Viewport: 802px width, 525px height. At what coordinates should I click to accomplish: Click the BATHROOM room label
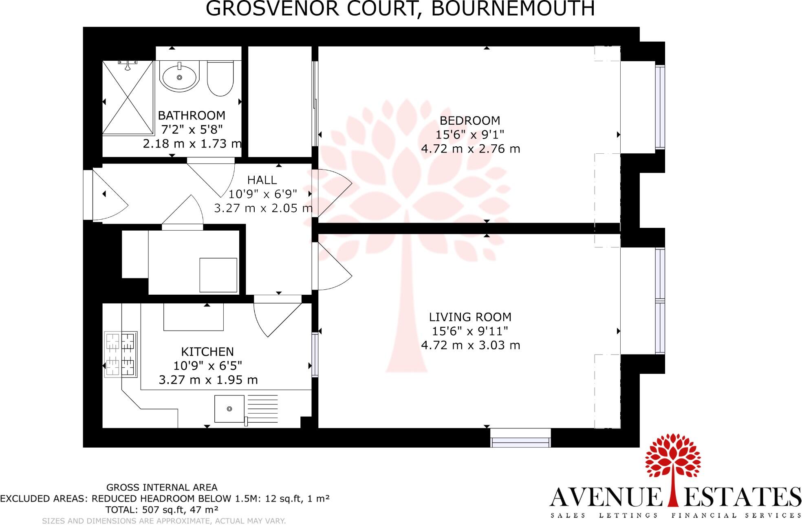192,115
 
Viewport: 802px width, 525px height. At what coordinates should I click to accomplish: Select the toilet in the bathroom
220,79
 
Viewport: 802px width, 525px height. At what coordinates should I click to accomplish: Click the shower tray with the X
128,97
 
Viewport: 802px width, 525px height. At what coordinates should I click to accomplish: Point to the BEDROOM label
470,121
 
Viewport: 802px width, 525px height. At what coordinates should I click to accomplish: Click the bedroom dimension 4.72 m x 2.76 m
470,149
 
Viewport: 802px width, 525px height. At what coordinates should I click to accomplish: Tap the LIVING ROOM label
470,317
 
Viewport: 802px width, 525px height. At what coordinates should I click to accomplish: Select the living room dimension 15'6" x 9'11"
470,331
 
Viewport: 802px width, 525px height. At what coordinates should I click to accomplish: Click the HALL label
262,180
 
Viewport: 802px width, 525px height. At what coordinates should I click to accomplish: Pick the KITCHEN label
207,352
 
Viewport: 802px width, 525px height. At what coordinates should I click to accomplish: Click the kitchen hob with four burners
121,354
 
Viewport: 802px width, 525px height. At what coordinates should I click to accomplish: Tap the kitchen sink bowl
229,408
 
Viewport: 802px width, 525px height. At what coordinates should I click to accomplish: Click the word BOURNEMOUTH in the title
513,9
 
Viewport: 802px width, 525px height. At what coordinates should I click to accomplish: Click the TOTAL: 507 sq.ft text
162,510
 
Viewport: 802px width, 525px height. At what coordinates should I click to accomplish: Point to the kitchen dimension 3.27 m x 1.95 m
208,380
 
